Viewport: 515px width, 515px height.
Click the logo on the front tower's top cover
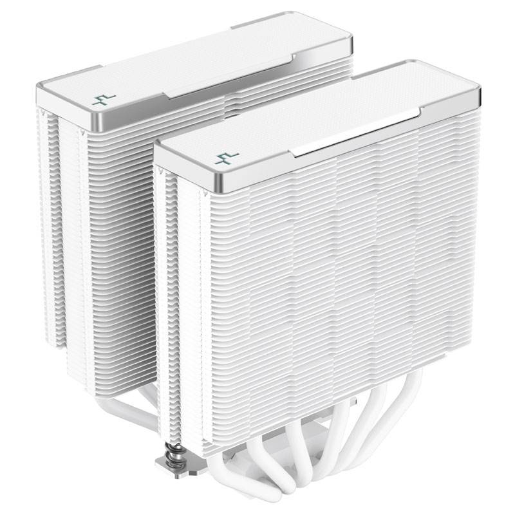227,157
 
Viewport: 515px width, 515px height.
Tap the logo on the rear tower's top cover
103,98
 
